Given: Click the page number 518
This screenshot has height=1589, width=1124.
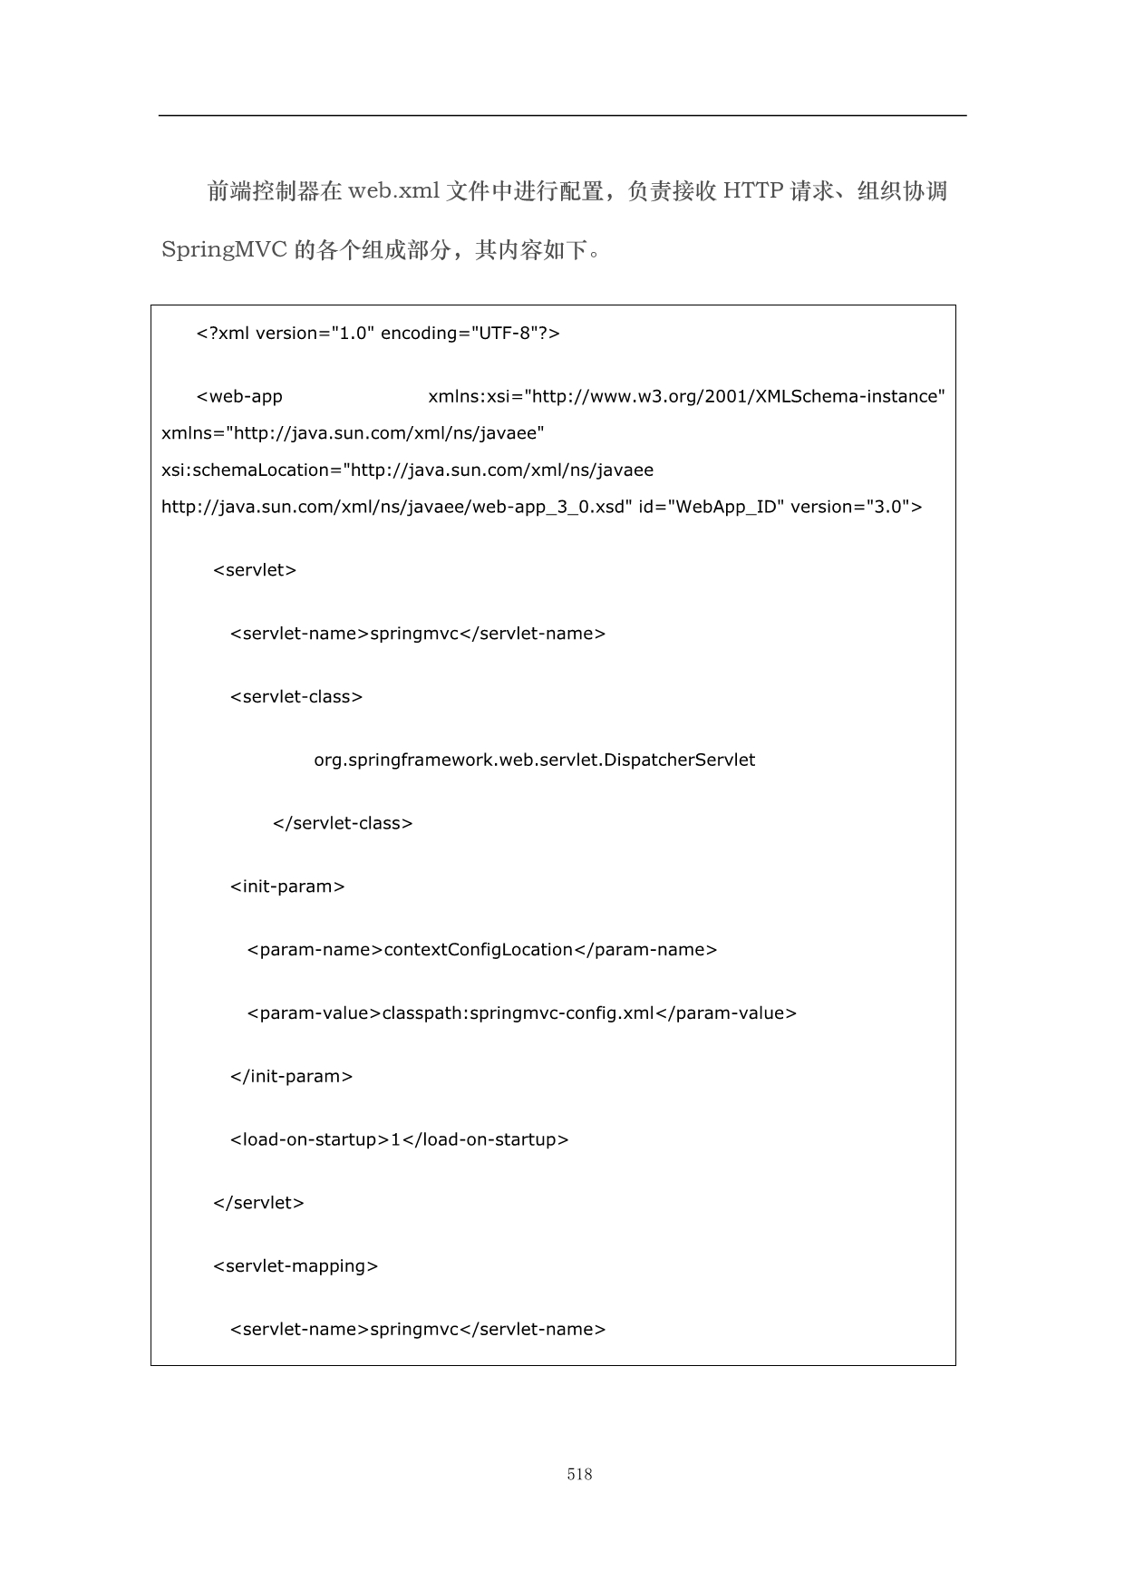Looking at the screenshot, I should (579, 1474).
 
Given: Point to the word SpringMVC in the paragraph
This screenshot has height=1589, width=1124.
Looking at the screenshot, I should (224, 250).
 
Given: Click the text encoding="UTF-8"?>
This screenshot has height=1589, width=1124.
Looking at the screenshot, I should (470, 334).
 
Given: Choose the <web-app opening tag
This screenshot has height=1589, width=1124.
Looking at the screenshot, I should (239, 397).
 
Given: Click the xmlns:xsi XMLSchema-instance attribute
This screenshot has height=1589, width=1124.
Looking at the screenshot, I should (686, 397).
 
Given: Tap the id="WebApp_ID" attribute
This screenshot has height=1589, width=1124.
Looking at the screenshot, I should (708, 507).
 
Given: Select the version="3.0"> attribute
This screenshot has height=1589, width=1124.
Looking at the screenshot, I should (856, 507).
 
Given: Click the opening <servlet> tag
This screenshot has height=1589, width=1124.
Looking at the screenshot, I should (255, 570).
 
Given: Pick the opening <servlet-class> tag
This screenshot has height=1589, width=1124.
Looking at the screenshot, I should (296, 697).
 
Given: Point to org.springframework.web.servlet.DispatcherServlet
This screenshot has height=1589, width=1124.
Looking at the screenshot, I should (534, 761).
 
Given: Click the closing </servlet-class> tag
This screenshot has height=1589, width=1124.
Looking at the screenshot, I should (343, 824).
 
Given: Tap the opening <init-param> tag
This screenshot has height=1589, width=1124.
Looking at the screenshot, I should (287, 887).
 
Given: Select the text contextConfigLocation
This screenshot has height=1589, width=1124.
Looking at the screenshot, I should (479, 950).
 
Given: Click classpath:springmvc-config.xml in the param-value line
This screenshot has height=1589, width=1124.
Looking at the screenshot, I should (518, 1013).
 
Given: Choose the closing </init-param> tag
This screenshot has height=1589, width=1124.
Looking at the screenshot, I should (291, 1077).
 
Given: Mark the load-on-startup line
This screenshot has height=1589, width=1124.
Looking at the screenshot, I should (399, 1140).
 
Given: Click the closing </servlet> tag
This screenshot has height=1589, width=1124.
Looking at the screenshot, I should (258, 1203).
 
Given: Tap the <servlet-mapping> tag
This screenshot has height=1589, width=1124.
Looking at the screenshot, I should (296, 1266).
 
